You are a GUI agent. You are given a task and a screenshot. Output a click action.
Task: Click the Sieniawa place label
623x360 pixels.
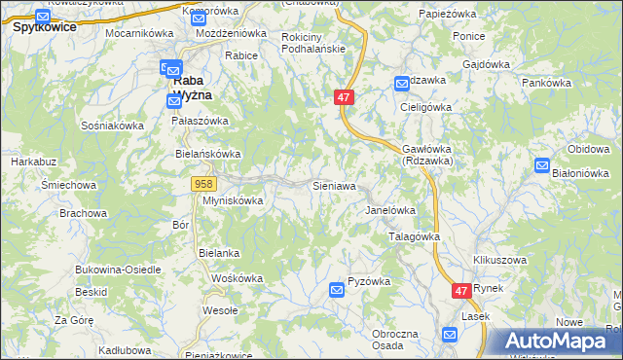pyautogui.click(x=333, y=185)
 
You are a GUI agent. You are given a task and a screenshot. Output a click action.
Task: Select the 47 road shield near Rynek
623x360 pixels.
pyautogui.click(x=462, y=290)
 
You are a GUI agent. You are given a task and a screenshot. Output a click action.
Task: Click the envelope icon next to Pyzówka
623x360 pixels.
pyautogui.click(x=337, y=289)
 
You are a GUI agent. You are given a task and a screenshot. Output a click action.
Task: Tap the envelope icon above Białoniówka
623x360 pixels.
pyautogui.click(x=542, y=166)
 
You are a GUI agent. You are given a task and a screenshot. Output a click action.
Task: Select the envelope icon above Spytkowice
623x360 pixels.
pyautogui.click(x=42, y=17)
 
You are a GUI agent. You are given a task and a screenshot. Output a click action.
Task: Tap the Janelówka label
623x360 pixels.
pyautogui.click(x=390, y=210)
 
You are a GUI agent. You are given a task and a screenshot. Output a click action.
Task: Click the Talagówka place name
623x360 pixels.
pyautogui.click(x=415, y=236)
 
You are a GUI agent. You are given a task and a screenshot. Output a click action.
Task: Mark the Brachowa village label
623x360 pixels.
pyautogui.click(x=83, y=212)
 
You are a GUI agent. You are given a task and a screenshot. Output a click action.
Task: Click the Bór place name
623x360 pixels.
pyautogui.click(x=180, y=225)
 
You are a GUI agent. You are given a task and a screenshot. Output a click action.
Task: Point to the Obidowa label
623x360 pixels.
pyautogui.click(x=588, y=148)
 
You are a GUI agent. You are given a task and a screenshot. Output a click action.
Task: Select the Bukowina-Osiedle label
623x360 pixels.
pyautogui.click(x=115, y=269)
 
